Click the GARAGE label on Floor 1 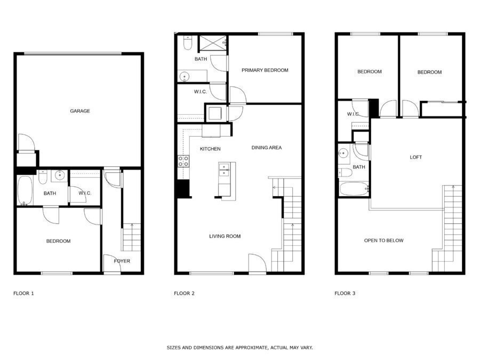coord(80,111)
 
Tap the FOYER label coord(122,261)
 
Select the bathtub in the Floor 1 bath coord(25,191)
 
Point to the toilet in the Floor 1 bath coord(43,177)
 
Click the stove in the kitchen coord(183,161)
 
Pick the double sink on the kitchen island coord(224,170)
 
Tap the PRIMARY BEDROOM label coord(265,70)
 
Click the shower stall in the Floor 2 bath coord(213,43)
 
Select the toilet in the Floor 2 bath coord(187,43)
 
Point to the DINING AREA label coord(266,148)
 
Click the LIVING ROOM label coord(225,236)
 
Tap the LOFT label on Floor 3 coord(415,157)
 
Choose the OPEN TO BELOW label coord(383,241)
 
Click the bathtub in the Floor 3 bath coord(354,189)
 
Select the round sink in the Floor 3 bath coord(344,153)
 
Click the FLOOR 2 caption coord(184,293)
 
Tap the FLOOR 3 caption coord(345,293)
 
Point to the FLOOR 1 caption coord(23,293)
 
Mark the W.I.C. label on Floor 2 coord(200,92)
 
